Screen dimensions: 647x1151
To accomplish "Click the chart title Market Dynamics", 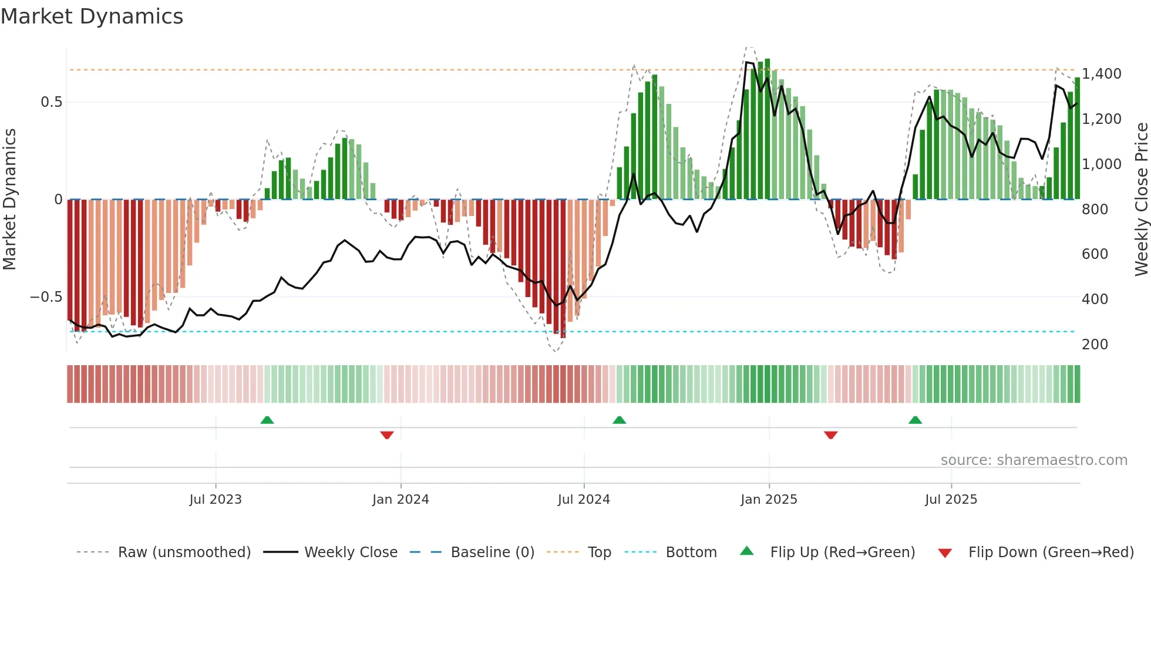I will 92,16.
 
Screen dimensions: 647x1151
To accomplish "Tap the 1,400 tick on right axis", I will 1101,74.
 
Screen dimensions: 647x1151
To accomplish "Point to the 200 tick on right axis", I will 1095,344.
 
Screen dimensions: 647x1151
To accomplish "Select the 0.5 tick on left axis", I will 51,102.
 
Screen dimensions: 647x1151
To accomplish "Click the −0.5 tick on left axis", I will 46,297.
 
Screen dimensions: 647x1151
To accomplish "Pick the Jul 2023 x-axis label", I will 216,500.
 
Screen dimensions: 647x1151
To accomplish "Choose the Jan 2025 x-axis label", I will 769,500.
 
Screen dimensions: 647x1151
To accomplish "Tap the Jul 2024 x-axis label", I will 584,500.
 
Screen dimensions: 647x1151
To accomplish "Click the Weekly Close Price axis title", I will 1141,199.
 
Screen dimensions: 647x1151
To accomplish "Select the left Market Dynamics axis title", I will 9,199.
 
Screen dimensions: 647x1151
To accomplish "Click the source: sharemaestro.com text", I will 1034,460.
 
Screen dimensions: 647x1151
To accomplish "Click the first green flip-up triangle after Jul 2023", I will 267,420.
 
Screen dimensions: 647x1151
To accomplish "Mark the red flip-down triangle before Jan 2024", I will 387,435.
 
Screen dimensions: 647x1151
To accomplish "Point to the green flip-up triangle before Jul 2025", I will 915,420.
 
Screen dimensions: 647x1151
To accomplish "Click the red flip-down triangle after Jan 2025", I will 830,435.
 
